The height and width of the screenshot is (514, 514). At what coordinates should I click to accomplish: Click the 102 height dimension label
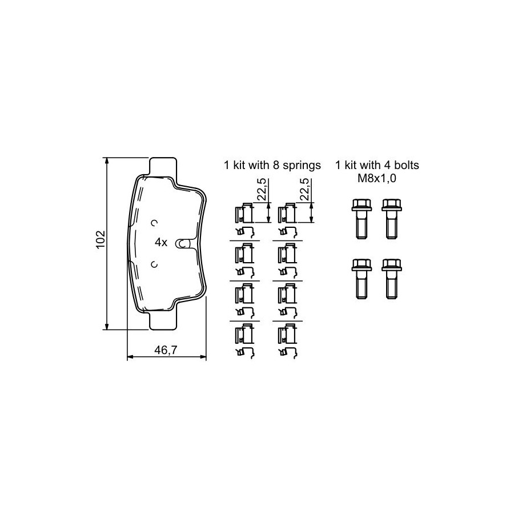click(x=101, y=240)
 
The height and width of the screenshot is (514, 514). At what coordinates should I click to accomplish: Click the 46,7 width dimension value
click(x=166, y=350)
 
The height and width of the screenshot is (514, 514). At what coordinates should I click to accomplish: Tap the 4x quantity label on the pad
click(x=161, y=243)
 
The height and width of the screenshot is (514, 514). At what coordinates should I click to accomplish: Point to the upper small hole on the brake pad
click(x=154, y=223)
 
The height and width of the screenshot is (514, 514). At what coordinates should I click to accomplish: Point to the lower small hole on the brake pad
click(x=154, y=264)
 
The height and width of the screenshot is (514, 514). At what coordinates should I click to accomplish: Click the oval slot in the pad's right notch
click(x=182, y=243)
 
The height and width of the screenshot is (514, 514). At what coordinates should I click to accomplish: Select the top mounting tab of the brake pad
click(x=163, y=168)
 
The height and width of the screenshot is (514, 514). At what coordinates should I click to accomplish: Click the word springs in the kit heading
click(x=302, y=166)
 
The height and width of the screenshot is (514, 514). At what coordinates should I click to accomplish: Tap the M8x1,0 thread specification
click(x=377, y=178)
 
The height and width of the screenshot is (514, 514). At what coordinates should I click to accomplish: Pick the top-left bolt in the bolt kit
click(x=362, y=219)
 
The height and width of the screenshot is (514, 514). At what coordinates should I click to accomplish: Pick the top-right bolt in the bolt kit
click(x=392, y=219)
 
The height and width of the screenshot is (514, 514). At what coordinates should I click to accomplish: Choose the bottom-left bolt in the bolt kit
click(x=362, y=279)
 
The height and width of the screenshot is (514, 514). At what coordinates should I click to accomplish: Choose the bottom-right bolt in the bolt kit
click(x=392, y=279)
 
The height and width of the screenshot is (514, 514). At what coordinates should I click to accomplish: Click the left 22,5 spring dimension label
click(x=262, y=190)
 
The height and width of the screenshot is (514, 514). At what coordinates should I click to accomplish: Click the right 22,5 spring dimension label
click(x=305, y=190)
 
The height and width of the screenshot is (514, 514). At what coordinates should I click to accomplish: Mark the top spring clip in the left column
click(x=244, y=213)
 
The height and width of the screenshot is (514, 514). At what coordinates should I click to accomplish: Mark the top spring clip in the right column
click(x=287, y=213)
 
